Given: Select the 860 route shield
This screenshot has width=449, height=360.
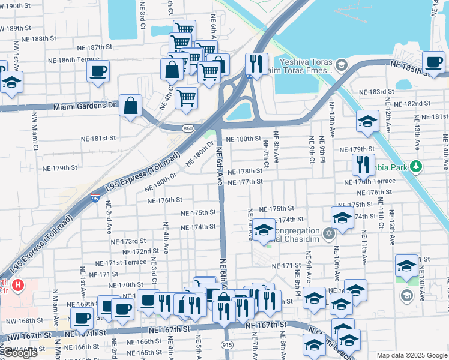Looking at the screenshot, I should coord(188,128).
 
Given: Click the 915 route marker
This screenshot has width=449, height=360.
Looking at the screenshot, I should coord(227,344).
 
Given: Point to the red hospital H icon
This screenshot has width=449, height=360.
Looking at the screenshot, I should coord(18,284).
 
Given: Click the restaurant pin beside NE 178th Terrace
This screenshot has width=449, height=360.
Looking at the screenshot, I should coord(363,163).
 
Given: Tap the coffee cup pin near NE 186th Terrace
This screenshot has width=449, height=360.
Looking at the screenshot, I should coord(98,71).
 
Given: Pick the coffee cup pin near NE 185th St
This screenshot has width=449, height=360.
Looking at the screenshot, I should coord(433,61).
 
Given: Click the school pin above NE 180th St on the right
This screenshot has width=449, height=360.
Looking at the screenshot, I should coord(367,121).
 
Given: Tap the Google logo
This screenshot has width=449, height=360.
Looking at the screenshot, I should coord(19,353).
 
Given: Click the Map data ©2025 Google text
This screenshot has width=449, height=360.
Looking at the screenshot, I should coord(411,355).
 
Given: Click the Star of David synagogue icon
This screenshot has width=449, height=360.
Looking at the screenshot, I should coord(328,233).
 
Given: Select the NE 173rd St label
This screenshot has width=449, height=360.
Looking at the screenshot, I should coord(128,241).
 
